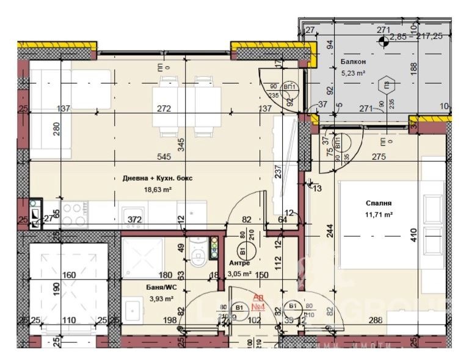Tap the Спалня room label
(x=378, y=204)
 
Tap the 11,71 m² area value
(x=379, y=215)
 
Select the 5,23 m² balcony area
(x=353, y=73)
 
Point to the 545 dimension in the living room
(x=163, y=157)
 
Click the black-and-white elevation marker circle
(x=383, y=41)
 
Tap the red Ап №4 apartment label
(x=258, y=303)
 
